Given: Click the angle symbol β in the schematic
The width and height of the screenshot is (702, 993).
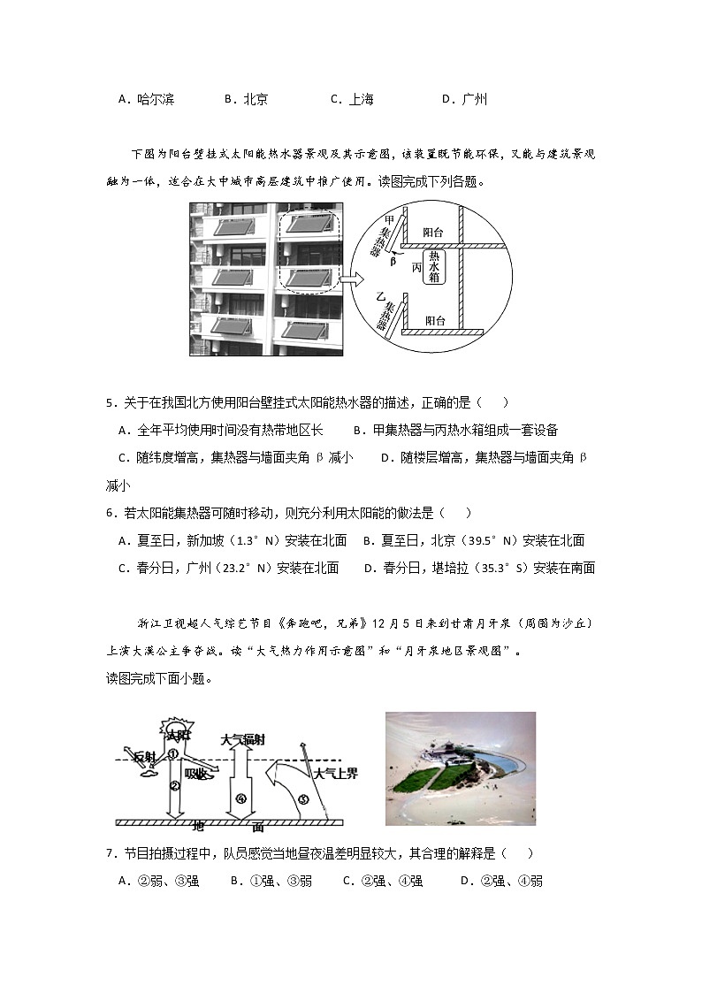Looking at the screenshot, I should [393, 262].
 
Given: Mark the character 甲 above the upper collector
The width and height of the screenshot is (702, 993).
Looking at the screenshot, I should [388, 218].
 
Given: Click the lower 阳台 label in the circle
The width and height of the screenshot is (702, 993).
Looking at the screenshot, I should [435, 320].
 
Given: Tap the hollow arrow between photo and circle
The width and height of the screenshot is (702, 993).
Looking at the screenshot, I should [352, 280].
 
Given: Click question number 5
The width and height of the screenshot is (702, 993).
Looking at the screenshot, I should [110, 404].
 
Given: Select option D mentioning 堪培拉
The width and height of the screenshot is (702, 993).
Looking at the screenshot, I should [479, 569].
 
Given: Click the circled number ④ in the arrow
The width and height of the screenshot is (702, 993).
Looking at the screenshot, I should [240, 799].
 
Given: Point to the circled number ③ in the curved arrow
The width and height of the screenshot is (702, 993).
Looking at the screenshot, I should [303, 799].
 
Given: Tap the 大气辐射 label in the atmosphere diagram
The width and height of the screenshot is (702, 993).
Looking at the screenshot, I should [242, 738].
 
